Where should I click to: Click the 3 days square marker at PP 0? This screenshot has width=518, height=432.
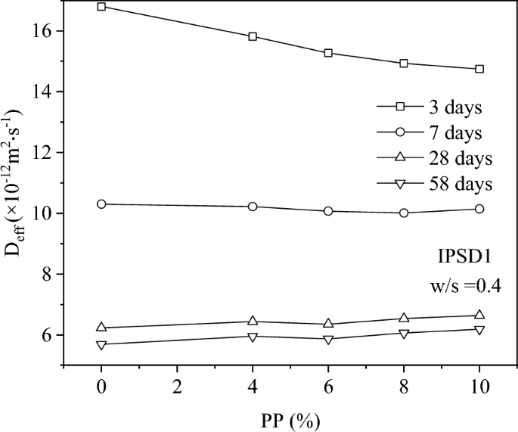coord(101,7)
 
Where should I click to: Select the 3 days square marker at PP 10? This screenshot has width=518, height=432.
coord(479,69)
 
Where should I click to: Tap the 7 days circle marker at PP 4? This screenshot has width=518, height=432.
coord(253,207)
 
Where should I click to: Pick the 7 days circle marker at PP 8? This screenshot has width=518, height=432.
coord(404,213)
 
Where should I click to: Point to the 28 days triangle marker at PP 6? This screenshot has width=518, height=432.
coord(328,323)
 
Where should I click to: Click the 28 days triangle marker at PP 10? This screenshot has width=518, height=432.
coord(479,315)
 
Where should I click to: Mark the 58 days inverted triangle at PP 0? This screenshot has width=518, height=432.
coord(101,345)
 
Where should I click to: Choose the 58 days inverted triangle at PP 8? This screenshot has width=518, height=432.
coord(404,334)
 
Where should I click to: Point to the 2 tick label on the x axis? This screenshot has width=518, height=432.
coord(177,384)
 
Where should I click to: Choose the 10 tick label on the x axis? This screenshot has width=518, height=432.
coord(479,384)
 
